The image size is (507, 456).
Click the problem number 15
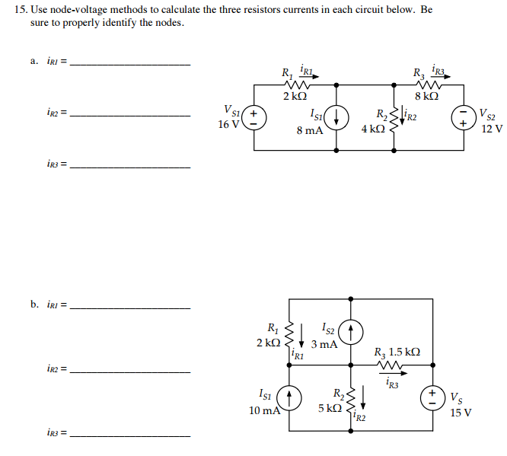[21, 11]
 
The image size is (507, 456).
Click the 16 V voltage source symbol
[255, 118]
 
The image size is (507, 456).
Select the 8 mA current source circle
[337, 118]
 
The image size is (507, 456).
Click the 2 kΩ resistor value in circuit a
[295, 97]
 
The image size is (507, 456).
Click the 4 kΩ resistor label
[373, 129]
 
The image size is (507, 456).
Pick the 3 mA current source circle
[351, 332]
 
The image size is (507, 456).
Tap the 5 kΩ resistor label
[330, 408]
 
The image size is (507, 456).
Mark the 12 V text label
[492, 129]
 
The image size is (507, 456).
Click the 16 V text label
[228, 124]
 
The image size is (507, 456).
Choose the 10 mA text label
[263, 410]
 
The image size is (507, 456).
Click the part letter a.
[33, 62]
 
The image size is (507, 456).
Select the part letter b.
[33, 305]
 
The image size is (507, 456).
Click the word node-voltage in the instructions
[77, 11]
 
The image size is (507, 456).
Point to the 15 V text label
[461, 413]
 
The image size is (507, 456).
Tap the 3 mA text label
[324, 344]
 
